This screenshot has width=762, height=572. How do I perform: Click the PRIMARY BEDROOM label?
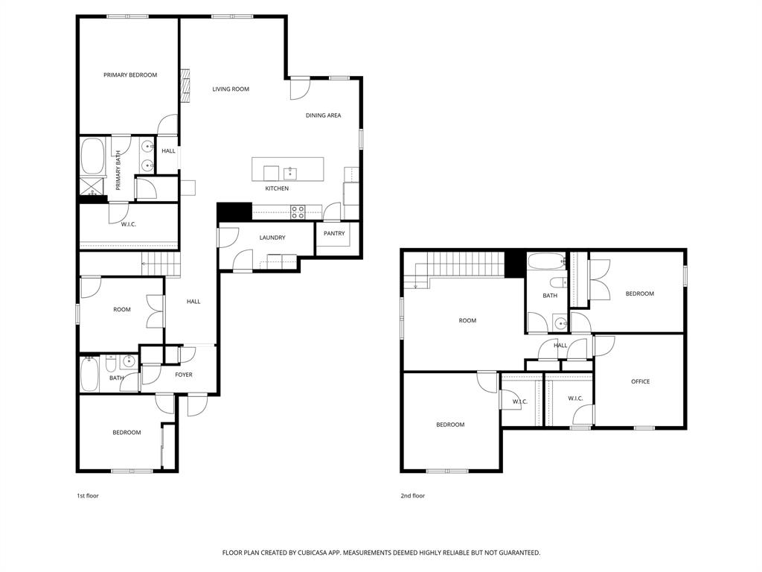click(130, 75)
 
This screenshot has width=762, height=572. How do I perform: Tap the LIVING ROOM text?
click(231, 89)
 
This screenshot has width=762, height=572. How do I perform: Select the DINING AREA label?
click(323, 115)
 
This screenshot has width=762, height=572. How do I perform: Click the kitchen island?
click(288, 168)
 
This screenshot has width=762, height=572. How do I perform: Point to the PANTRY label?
click(334, 234)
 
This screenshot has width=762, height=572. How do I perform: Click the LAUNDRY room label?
click(272, 238)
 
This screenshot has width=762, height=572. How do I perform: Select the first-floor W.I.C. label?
click(129, 224)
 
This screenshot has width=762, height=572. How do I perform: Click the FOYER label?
click(183, 375)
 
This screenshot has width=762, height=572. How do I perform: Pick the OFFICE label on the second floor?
click(640, 382)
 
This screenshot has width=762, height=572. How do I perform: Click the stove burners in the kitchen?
click(298, 212)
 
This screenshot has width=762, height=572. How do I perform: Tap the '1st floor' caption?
click(87, 495)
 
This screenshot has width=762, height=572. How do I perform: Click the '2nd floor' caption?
click(413, 495)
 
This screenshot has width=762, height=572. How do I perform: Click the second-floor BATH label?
click(550, 296)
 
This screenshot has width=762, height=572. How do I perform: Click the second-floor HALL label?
click(560, 346)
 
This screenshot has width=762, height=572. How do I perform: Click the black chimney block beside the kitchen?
click(225, 212)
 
